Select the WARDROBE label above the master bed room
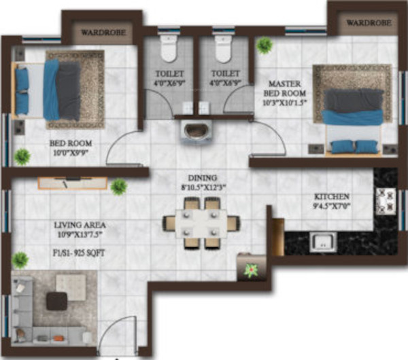pyautogui.click(x=369, y=23)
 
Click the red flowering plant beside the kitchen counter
pyautogui.click(x=252, y=270)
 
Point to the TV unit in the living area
pyautogui.click(x=71, y=182)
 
